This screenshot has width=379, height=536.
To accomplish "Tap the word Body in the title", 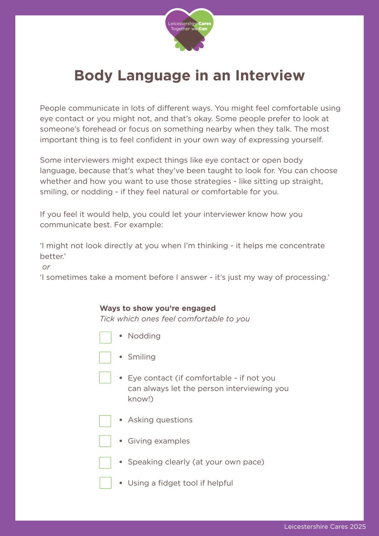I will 93,76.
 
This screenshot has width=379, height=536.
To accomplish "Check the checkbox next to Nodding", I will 105,337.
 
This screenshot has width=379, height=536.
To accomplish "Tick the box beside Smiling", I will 105,357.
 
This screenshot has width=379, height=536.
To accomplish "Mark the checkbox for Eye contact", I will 105,377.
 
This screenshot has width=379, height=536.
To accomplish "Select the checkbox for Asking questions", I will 105,421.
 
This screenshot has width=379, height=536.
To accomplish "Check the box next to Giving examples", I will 105,441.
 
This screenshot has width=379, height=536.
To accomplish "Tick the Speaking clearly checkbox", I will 105,463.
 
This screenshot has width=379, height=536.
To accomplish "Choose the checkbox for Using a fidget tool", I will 105,483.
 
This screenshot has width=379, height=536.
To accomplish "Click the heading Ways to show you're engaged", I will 158,308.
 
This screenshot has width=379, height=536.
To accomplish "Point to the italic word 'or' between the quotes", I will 46,267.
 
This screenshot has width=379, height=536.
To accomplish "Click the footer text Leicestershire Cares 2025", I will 325,527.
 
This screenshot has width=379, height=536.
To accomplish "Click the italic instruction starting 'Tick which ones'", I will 174,319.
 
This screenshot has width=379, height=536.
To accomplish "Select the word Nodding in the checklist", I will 144,336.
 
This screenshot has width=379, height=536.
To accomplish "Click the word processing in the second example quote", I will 307,278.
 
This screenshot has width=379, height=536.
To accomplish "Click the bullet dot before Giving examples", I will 121,441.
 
